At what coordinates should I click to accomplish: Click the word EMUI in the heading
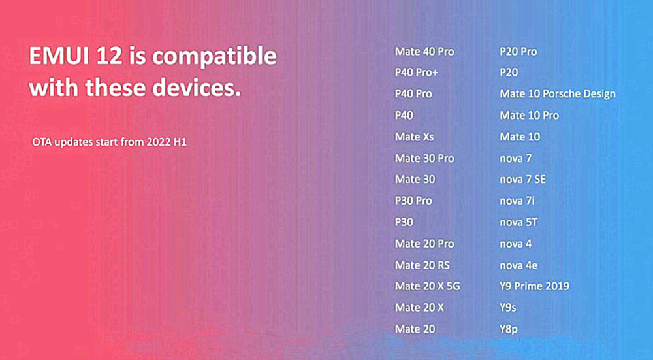(x=59, y=56)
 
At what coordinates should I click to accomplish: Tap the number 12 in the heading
(x=110, y=56)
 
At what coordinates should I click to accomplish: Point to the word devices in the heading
(x=197, y=88)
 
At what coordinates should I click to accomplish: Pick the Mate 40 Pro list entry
(x=424, y=52)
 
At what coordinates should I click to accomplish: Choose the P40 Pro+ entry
(x=417, y=73)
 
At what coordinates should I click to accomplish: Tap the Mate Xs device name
(x=415, y=137)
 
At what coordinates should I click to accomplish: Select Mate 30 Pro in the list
(x=424, y=158)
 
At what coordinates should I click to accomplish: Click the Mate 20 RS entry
(x=422, y=265)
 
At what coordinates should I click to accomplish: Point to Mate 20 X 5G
(x=427, y=286)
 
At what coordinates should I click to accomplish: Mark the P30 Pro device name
(x=413, y=201)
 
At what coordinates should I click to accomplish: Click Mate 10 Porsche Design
(x=558, y=94)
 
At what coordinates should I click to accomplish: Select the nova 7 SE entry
(x=522, y=180)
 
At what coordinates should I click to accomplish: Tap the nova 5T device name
(x=518, y=222)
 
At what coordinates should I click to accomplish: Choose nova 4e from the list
(x=518, y=265)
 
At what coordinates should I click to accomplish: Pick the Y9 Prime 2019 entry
(x=534, y=286)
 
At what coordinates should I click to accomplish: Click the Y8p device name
(x=509, y=329)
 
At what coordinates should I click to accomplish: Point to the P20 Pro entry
(x=518, y=52)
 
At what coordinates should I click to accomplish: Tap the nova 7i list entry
(x=517, y=201)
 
